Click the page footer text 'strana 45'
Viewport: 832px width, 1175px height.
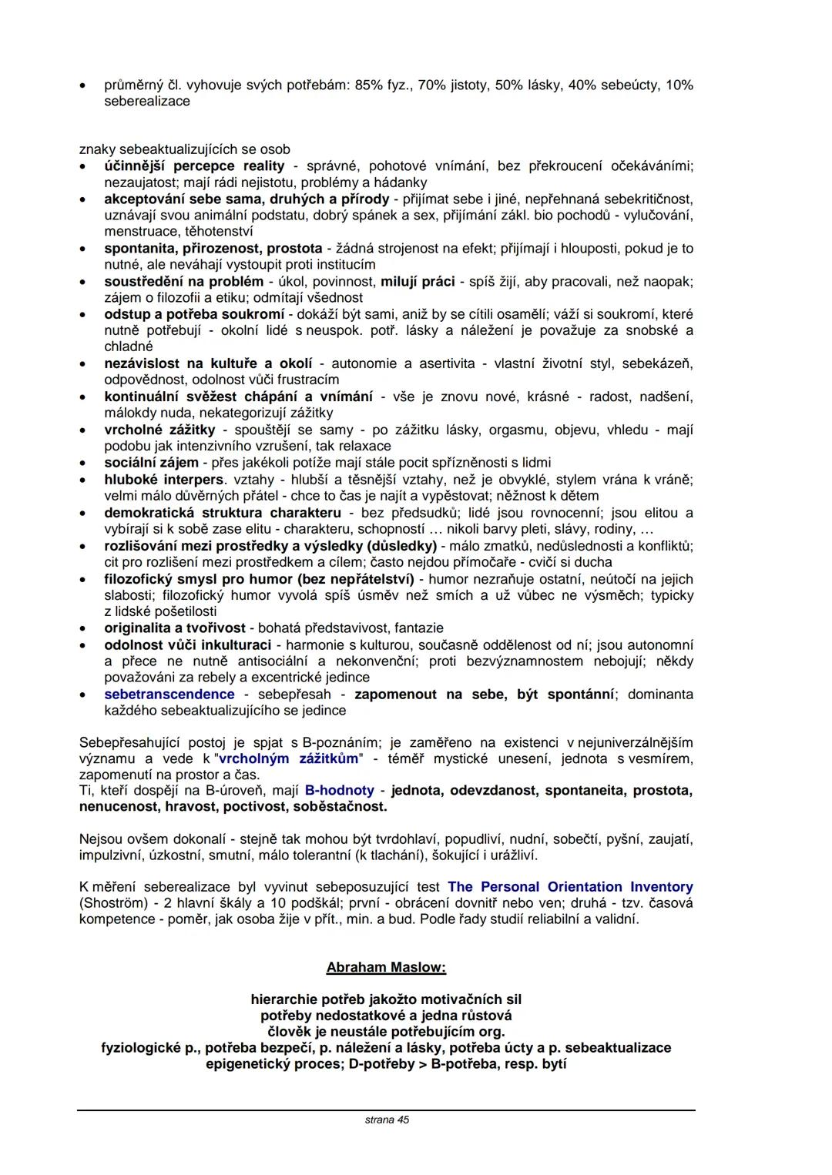(387, 1120)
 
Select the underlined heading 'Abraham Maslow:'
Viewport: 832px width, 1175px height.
(386, 967)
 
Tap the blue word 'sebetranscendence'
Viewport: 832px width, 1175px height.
(169, 695)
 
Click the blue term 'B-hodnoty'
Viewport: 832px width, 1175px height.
(340, 791)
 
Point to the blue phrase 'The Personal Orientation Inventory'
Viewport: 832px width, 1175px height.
(570, 887)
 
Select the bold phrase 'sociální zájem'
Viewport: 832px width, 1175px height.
(151, 463)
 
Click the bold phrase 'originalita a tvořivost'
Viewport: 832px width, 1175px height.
(175, 628)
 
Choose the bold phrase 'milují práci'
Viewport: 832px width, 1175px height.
(418, 282)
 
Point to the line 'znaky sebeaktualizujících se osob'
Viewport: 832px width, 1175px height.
(185, 149)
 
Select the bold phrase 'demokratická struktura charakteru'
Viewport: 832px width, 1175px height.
(223, 513)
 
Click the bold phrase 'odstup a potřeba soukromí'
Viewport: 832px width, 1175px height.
(194, 314)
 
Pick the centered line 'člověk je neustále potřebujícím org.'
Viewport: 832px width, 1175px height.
(386, 1032)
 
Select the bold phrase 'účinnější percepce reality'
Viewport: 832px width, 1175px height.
(194, 166)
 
